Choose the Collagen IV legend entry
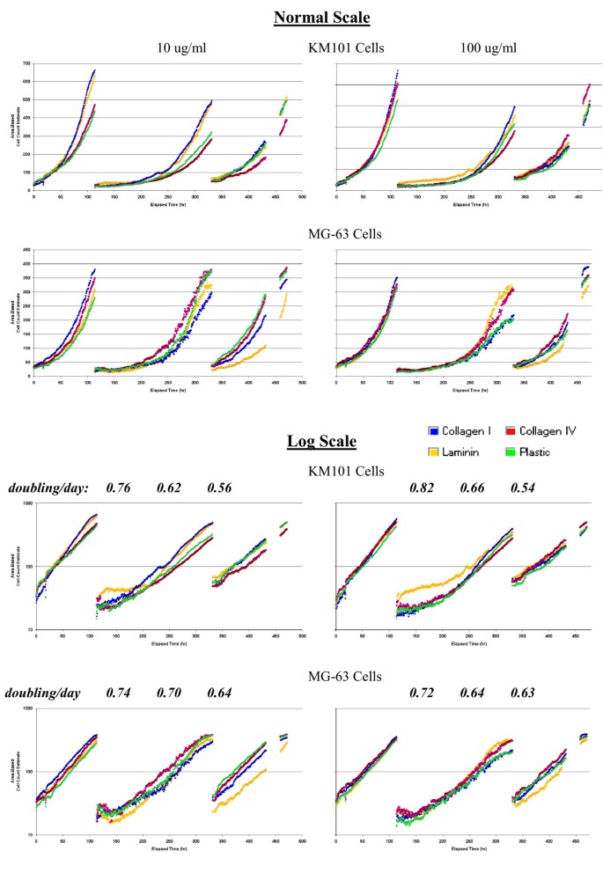coord(548,430)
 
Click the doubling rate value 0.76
coord(119,487)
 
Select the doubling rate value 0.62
coord(170,487)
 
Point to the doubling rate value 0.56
coord(220,487)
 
